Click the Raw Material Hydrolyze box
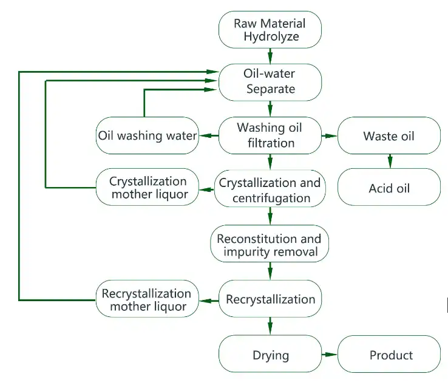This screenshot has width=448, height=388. pos(270,30)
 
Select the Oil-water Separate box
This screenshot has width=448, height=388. pos(270,82)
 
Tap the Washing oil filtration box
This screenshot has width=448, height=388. pos(270,135)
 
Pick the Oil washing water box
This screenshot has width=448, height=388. pos(148,135)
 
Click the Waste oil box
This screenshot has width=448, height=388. pos(389,135)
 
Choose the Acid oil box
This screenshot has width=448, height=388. pos(389,188)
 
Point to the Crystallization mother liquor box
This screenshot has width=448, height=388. pos(148,188)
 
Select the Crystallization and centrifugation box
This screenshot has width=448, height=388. pos(270,189)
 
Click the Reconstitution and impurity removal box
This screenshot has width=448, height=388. pos(270,245)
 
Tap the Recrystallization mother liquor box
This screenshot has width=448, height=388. pos(148,299)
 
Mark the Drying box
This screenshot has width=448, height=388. pos(270,355)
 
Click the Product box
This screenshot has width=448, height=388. pos(389,355)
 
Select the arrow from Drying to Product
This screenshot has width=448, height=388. pos(328,354)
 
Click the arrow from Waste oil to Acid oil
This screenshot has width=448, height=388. pos(390,162)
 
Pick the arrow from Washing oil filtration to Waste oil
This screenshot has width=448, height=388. pos(328,135)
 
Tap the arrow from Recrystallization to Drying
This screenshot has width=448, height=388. pos(270,326)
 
